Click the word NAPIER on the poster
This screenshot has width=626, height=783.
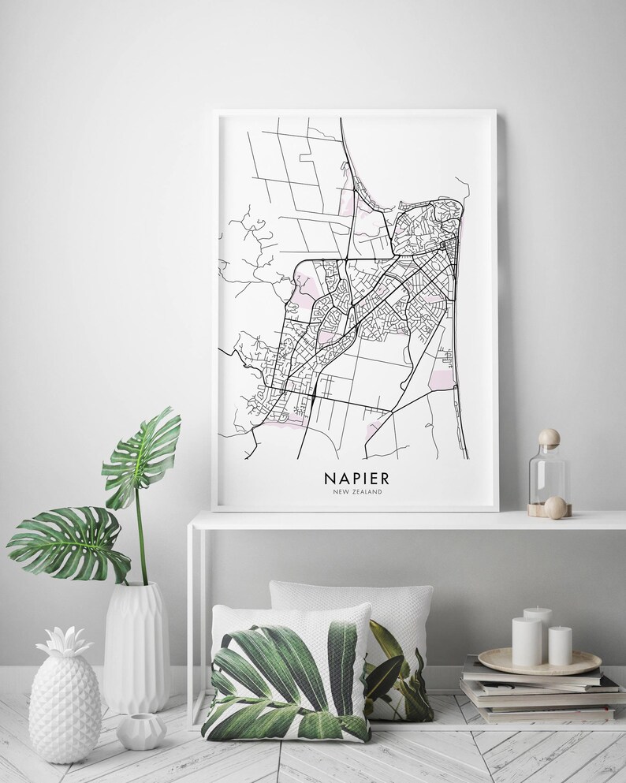point(356,479)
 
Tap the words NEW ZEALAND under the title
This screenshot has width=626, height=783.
point(356,494)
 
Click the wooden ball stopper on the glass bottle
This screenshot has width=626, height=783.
point(548,436)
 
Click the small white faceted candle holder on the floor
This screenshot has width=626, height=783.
point(141,731)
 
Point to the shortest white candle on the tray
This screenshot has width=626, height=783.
point(561,647)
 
